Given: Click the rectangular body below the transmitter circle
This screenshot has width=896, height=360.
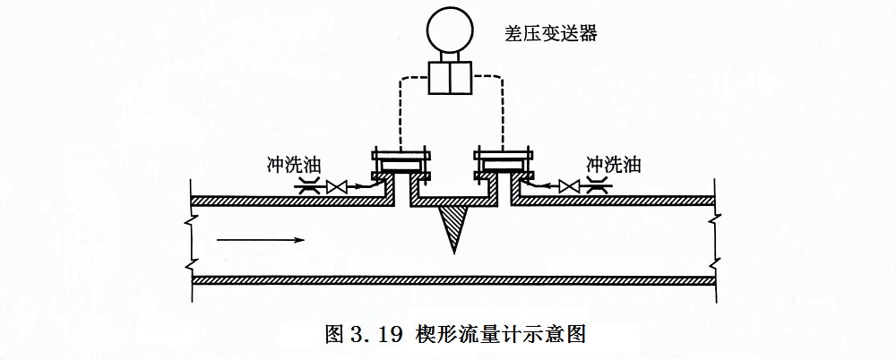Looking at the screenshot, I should (x=452, y=76).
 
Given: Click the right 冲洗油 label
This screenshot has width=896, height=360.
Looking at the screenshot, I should (x=613, y=166).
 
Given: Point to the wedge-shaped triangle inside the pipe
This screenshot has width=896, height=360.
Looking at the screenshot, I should (x=454, y=224).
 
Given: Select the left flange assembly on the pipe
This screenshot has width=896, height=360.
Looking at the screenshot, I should (x=401, y=165).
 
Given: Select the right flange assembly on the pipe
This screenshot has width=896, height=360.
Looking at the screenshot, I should (x=504, y=165).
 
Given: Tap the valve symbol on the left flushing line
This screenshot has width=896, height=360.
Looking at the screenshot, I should (x=339, y=187).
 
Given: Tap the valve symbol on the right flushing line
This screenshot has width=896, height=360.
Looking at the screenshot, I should (x=568, y=187).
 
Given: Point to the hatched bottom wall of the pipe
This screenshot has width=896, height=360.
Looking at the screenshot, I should (x=453, y=279).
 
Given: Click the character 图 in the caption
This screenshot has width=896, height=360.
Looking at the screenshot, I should (x=333, y=335).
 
